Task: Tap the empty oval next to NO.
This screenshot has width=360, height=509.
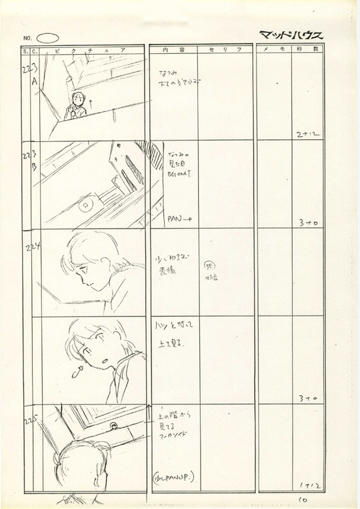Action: point(48,38)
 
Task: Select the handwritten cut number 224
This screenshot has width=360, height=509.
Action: point(34,247)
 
